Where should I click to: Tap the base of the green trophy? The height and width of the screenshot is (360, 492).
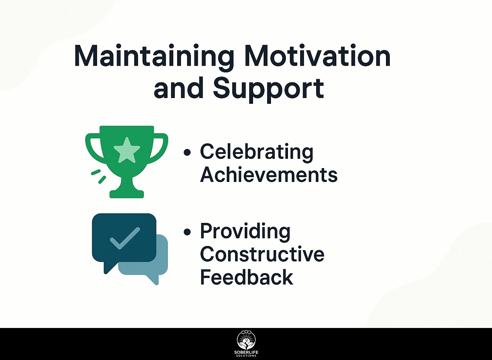click(x=127, y=194)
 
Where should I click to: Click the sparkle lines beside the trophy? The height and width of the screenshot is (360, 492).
click(x=99, y=176)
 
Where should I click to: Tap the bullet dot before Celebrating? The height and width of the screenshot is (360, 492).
click(x=187, y=152)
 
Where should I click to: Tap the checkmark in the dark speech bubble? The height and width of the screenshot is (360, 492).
click(x=125, y=238)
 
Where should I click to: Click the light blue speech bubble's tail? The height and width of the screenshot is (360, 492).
click(x=153, y=280)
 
